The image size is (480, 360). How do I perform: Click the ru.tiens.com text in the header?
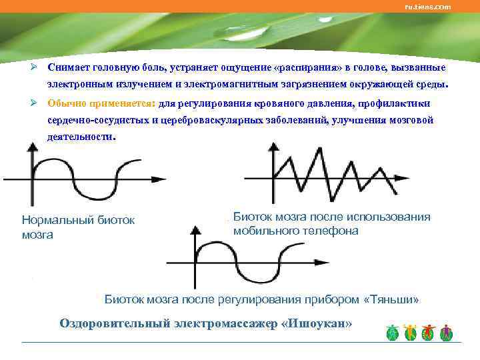[x=427, y=7]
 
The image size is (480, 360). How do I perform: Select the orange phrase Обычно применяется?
[x=101, y=103]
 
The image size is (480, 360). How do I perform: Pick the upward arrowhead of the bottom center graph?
[x=194, y=231]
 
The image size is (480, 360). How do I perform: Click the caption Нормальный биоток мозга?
[x=78, y=227]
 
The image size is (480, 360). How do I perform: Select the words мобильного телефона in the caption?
[x=295, y=231]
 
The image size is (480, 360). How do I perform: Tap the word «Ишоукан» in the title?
[x=317, y=323]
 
